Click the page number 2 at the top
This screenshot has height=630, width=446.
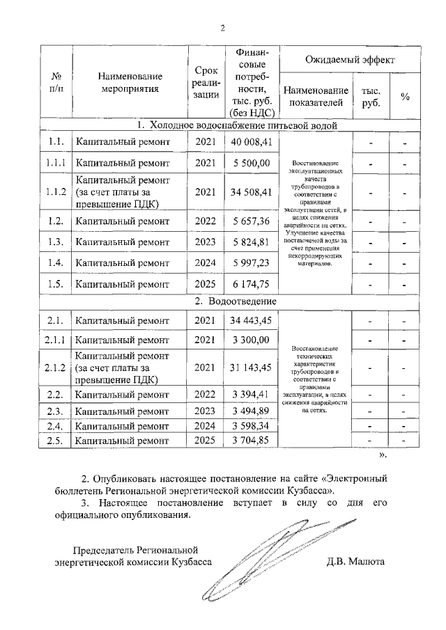(x=223, y=29)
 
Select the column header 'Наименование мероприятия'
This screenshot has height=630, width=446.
(x=130, y=82)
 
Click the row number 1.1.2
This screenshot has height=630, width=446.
(x=55, y=191)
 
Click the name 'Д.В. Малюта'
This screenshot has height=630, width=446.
(x=355, y=561)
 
